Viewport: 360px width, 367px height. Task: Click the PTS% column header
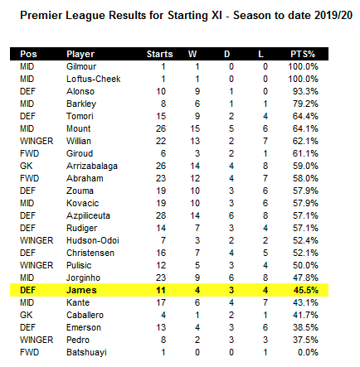coord(303,54)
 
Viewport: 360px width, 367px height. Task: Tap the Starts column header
coord(159,54)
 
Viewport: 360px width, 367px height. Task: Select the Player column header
coord(80,54)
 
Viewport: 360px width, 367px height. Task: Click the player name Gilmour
coord(81,66)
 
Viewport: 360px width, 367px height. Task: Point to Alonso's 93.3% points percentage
coord(305,91)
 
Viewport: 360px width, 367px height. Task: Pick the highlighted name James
coord(81,290)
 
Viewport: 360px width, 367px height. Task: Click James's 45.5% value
coord(305,290)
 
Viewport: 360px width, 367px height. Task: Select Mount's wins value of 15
coord(195,128)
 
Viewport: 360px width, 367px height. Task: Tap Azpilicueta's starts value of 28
coord(161,215)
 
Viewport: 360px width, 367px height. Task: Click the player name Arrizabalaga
coord(92,167)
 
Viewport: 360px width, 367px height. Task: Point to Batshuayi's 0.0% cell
coord(308,352)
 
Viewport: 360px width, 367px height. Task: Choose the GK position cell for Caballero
coord(27,315)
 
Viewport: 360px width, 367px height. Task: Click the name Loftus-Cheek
coord(94,79)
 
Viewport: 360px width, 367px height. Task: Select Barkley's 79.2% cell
coord(305,104)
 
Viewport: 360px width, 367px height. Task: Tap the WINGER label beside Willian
coord(36,141)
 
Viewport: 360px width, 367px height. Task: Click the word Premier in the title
coord(41,15)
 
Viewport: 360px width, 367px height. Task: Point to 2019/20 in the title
coord(333,15)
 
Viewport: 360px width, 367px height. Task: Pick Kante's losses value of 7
coord(265,302)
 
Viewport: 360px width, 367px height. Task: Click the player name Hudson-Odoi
coord(93,240)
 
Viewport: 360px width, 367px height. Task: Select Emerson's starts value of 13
coord(161,327)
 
